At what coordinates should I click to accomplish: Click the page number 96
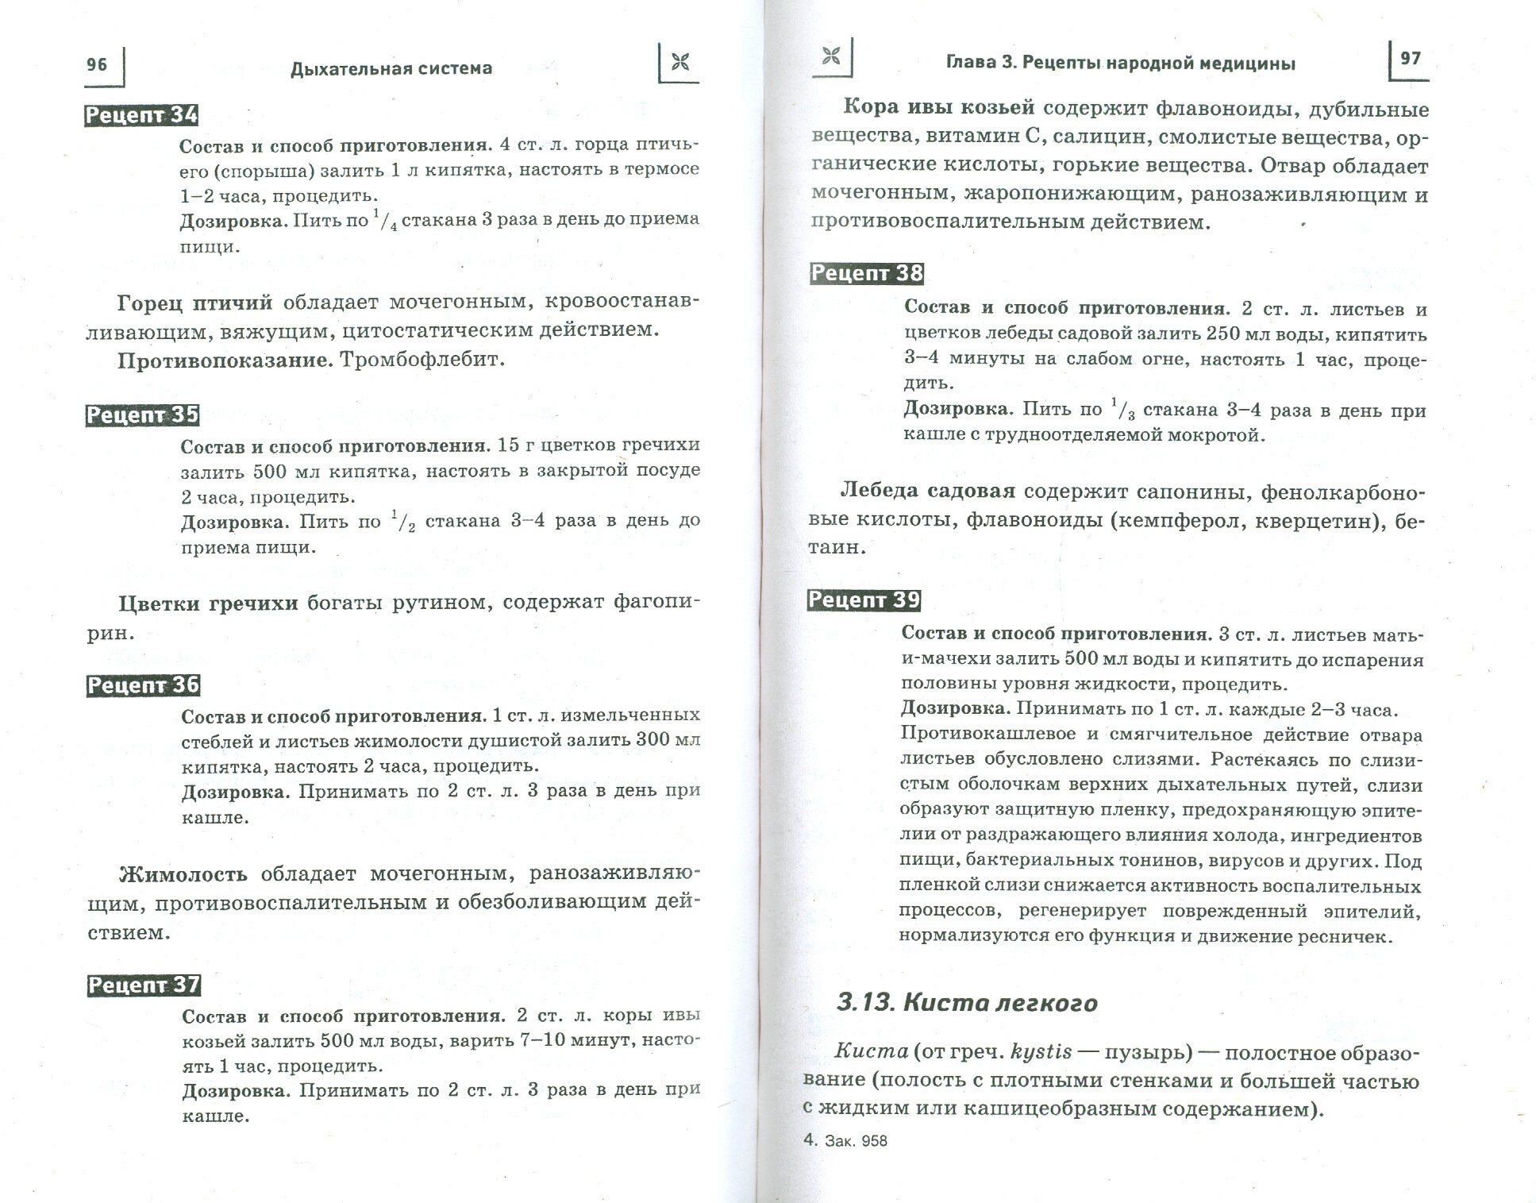point(96,64)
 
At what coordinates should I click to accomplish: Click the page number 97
point(1410,59)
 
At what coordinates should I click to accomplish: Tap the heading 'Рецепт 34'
point(141,116)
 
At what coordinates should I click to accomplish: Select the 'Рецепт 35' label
point(142,415)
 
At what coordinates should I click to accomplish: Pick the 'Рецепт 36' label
point(143,685)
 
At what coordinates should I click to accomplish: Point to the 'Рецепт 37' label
point(144,985)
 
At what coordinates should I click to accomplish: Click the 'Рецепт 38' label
point(866,274)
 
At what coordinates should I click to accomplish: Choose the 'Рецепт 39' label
point(864,600)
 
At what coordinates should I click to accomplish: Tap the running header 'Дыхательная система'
point(391,68)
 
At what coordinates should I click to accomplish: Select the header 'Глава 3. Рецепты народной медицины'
point(1120,64)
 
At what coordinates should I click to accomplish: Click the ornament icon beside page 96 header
point(679,63)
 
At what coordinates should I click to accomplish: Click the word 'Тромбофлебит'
point(422,360)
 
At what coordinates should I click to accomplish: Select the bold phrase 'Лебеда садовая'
point(927,491)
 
